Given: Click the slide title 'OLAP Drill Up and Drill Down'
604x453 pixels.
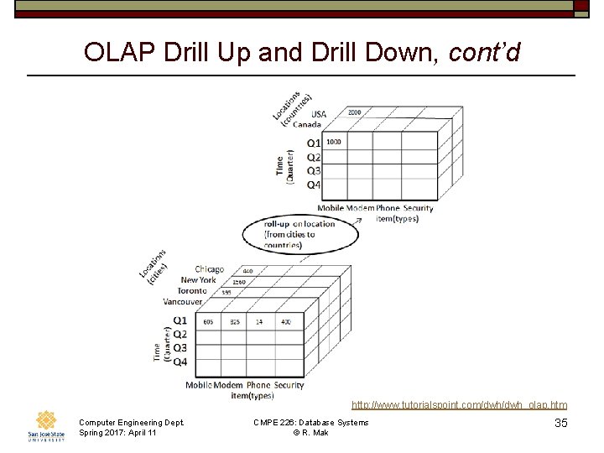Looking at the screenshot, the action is click(x=302, y=53).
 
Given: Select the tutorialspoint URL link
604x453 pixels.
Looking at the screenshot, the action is click(x=459, y=405).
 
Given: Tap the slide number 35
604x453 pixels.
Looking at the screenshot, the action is click(x=561, y=423).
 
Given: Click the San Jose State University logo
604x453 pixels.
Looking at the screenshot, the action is click(x=46, y=425).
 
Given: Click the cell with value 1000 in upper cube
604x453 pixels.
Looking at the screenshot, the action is click(x=334, y=142).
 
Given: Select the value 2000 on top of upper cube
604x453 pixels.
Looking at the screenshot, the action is click(x=354, y=112).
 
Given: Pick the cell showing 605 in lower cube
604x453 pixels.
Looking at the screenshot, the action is click(x=208, y=321).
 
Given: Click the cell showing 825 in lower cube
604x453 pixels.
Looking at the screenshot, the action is click(x=234, y=321).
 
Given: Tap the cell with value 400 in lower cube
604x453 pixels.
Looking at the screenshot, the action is click(x=286, y=321).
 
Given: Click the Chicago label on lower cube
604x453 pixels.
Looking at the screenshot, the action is click(x=210, y=269).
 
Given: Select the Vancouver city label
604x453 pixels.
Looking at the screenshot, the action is click(x=183, y=301).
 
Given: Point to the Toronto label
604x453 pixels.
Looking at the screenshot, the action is click(x=192, y=290).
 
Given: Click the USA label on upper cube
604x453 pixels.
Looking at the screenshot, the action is click(x=319, y=114).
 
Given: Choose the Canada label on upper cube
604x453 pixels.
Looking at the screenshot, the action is click(x=307, y=124).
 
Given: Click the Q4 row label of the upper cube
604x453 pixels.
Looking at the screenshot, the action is click(x=313, y=185).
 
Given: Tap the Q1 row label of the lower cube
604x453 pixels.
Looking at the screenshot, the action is click(x=180, y=320).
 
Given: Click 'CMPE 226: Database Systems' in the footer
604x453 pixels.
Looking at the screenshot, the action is click(x=311, y=422).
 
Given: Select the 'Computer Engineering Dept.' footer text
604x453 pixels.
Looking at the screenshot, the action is click(x=130, y=422).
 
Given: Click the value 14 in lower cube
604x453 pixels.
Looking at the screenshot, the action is click(x=260, y=321).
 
